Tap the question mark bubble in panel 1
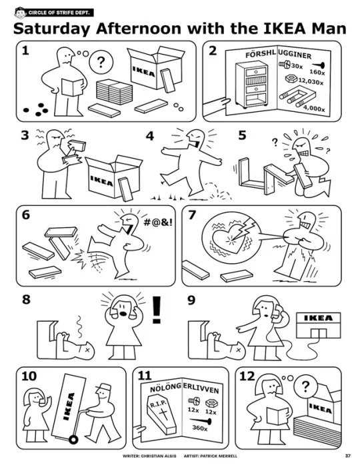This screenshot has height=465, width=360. click(101, 62)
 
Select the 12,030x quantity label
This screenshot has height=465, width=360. click(311, 81)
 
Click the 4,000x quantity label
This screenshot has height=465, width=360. click(314, 109)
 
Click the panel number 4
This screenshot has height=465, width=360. click(150, 136)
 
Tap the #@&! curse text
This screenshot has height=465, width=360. click(157, 223)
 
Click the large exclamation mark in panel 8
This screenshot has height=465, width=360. click(157, 310)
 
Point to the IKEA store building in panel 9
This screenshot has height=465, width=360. click(319, 325)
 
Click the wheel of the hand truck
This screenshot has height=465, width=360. click(73, 439)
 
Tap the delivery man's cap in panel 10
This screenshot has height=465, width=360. click(103, 388)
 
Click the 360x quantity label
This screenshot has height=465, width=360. click(200, 428)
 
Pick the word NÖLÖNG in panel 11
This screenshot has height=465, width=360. click(165, 387)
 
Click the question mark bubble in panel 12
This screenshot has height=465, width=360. click(305, 386)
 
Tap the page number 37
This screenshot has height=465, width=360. click(348, 456)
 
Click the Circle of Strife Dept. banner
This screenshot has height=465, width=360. click(54, 13)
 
